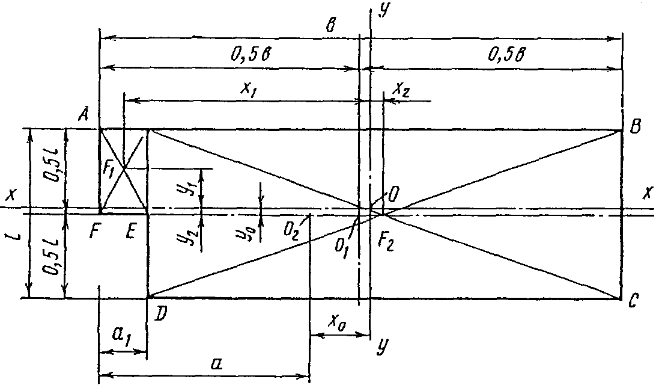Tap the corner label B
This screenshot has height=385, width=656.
point(635,126)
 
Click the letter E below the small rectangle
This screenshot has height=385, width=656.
point(130,231)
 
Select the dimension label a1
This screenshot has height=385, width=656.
point(121,334)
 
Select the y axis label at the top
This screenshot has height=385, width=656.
point(381,10)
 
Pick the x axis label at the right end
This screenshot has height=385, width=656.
point(647,193)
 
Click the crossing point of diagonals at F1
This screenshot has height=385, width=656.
point(124,168)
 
